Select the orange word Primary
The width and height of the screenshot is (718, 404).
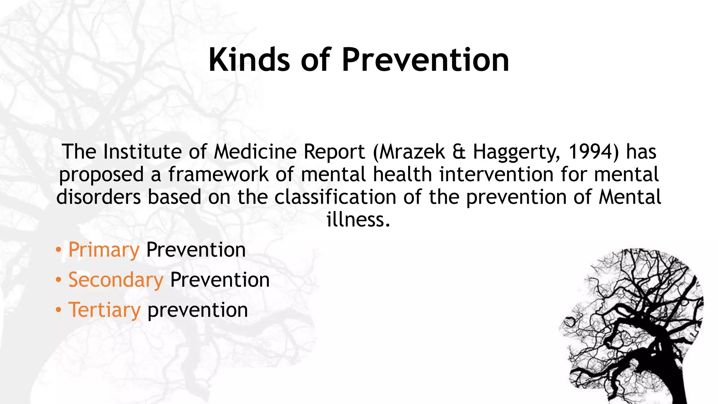click(104, 250)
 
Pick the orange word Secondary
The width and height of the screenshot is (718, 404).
click(116, 280)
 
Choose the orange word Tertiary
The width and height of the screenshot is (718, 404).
click(104, 310)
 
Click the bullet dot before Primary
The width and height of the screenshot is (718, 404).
click(59, 250)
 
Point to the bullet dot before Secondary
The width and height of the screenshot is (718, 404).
click(59, 280)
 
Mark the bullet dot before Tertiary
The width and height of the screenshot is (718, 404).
click(59, 310)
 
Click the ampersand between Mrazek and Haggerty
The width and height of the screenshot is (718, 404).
click(459, 152)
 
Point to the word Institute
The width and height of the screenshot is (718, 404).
click(142, 152)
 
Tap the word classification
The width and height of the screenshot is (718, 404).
click(335, 197)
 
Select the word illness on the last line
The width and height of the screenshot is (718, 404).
click(358, 220)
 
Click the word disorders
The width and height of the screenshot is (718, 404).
click(99, 197)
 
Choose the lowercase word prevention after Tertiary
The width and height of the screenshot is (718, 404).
click(197, 310)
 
